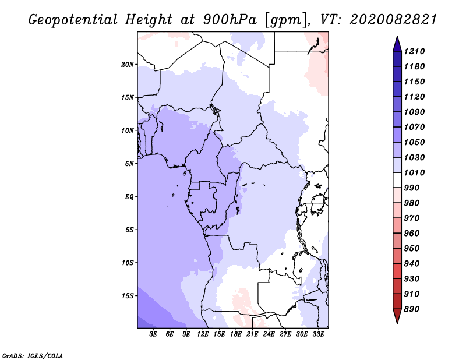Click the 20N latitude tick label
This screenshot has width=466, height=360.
(x=128, y=64)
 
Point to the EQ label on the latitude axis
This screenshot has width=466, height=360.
(x=129, y=196)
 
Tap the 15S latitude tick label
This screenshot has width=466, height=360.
(x=128, y=295)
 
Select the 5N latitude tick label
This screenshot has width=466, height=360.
(x=129, y=164)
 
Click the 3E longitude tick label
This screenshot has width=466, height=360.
(x=154, y=334)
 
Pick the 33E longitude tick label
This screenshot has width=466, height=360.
(x=318, y=334)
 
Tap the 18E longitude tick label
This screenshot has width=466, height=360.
(x=236, y=334)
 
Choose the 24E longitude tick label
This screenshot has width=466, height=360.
(x=269, y=334)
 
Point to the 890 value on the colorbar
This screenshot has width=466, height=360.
(x=413, y=309)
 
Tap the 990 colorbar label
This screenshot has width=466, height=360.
(x=413, y=188)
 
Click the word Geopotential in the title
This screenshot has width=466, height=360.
(x=72, y=20)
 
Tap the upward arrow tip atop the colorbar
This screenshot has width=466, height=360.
(x=397, y=40)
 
